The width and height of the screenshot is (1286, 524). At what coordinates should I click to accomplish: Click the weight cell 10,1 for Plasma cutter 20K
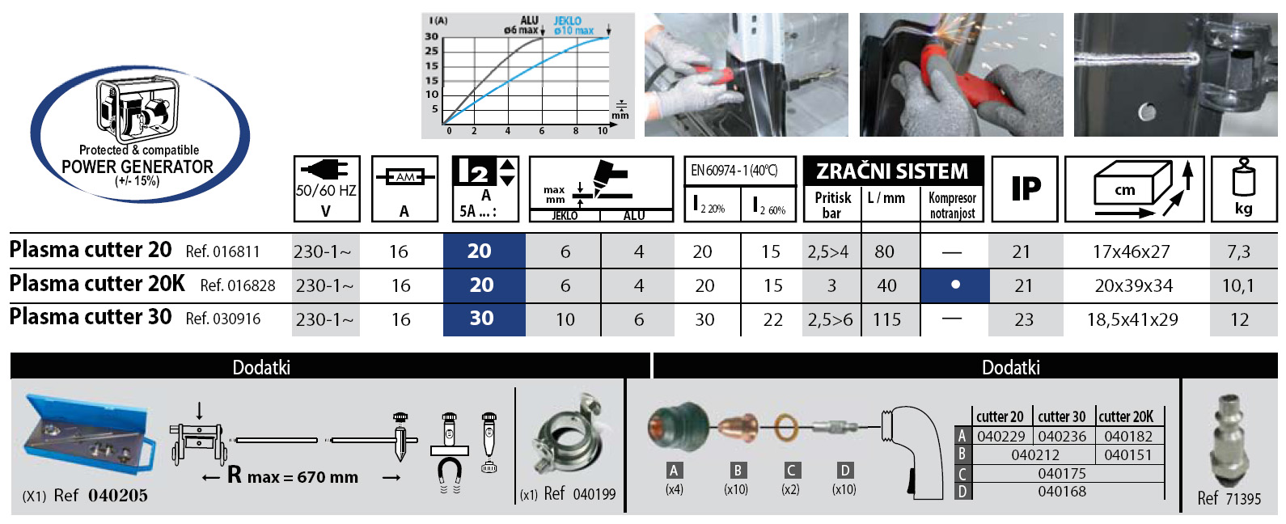1237,285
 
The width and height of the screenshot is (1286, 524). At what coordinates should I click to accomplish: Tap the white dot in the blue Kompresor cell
954,285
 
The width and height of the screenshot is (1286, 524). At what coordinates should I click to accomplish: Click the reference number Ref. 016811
222,251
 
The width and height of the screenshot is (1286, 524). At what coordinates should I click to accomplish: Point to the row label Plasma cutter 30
90,317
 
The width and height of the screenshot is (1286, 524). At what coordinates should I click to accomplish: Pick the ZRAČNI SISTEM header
892,171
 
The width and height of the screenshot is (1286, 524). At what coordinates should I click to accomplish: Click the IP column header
1026,188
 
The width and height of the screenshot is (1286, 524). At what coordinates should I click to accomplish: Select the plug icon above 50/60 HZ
324,170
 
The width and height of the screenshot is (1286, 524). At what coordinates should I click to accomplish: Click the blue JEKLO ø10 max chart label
573,26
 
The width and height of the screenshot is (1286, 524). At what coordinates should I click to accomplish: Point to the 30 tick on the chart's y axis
432,36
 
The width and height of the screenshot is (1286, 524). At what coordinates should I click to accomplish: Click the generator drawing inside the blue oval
137,111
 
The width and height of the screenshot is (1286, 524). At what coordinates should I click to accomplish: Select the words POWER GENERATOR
137,167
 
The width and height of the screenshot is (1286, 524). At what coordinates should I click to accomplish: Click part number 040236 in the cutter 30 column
1062,436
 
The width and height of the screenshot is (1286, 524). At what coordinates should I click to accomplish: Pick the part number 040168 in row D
1062,492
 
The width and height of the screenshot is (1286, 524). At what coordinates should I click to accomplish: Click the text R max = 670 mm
292,475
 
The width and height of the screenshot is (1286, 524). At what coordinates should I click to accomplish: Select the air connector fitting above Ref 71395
1229,440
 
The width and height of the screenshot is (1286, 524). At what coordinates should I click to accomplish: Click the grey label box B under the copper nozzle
738,471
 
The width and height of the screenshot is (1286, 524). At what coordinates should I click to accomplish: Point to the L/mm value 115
887,319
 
